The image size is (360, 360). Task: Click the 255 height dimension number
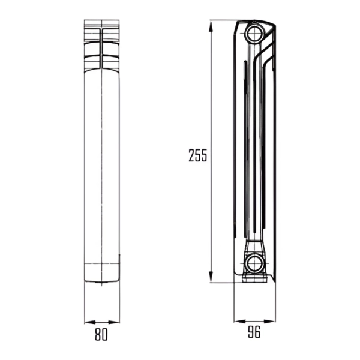pyautogui.click(x=197, y=155)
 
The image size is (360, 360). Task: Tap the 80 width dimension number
pyautogui.click(x=101, y=335)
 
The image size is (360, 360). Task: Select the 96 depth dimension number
pyautogui.click(x=254, y=332)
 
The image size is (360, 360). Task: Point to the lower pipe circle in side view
pyautogui.click(x=254, y=263)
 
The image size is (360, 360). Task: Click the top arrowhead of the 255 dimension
pyautogui.click(x=211, y=26)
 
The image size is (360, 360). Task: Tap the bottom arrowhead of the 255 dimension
pyautogui.click(x=211, y=277)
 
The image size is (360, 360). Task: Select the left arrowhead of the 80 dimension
pyautogui.click(x=90, y=322)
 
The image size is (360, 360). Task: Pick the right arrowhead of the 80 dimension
pyautogui.click(x=114, y=322)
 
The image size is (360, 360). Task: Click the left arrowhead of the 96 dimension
pyautogui.click(x=240, y=321)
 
